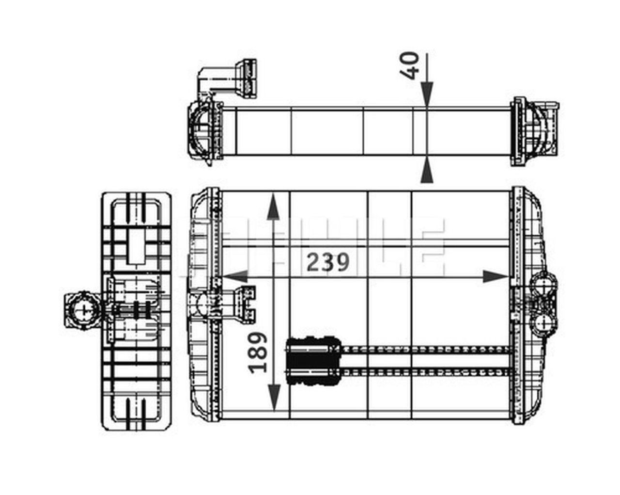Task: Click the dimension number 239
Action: (328, 263)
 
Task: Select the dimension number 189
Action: (258, 352)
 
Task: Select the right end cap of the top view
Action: (535, 131)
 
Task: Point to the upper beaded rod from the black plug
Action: (426, 349)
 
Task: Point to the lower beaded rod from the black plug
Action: (426, 371)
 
